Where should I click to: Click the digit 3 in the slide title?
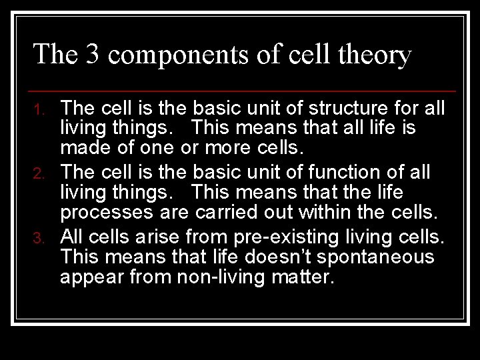[93, 55]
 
